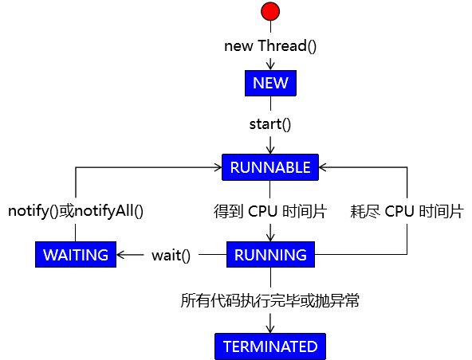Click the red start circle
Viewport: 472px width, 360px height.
270,11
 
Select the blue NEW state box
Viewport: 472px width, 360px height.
270,84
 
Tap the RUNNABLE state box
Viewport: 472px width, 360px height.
270,167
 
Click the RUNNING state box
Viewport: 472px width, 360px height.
270,254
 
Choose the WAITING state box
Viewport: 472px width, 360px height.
76,254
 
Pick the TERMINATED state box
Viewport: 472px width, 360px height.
270,346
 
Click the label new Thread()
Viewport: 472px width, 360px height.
270,46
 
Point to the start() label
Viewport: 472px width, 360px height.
270,124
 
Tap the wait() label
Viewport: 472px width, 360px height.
171,256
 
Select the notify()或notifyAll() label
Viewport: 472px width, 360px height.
76,211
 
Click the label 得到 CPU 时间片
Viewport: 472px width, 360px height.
270,211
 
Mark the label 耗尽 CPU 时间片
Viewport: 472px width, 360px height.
407,211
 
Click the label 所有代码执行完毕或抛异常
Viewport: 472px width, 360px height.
270,300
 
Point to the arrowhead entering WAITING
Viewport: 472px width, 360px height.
120,255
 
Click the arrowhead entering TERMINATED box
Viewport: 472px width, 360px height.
270,329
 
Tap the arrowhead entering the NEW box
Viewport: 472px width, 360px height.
270,66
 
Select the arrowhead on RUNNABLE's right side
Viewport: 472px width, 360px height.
323,167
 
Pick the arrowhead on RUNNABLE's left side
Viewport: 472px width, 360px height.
218,167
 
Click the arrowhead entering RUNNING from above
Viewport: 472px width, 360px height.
270,237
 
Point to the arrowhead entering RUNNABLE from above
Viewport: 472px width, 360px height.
270,150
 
